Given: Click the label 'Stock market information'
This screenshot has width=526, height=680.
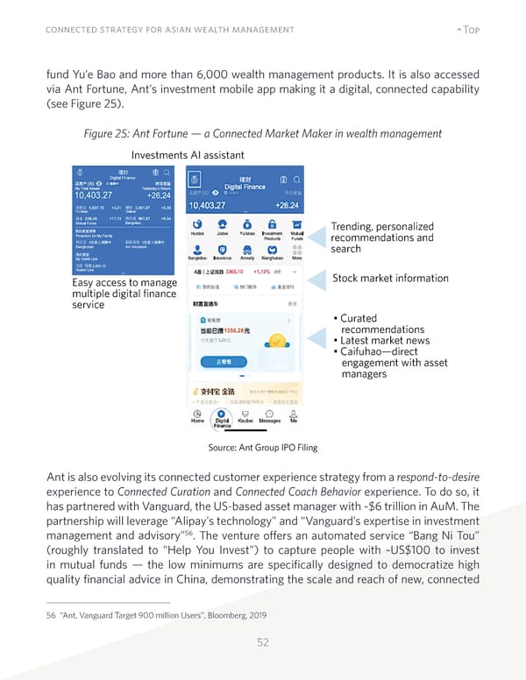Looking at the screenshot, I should pyautogui.click(x=390, y=279).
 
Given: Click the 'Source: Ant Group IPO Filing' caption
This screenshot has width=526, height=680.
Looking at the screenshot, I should pyautogui.click(x=262, y=448).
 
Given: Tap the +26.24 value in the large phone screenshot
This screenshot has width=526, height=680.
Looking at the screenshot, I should pyautogui.click(x=286, y=205).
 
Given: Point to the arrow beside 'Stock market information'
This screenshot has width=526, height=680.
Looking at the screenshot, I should pyautogui.click(x=316, y=279).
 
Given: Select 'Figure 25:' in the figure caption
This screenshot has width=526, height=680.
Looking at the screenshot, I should pyautogui.click(x=107, y=132).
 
